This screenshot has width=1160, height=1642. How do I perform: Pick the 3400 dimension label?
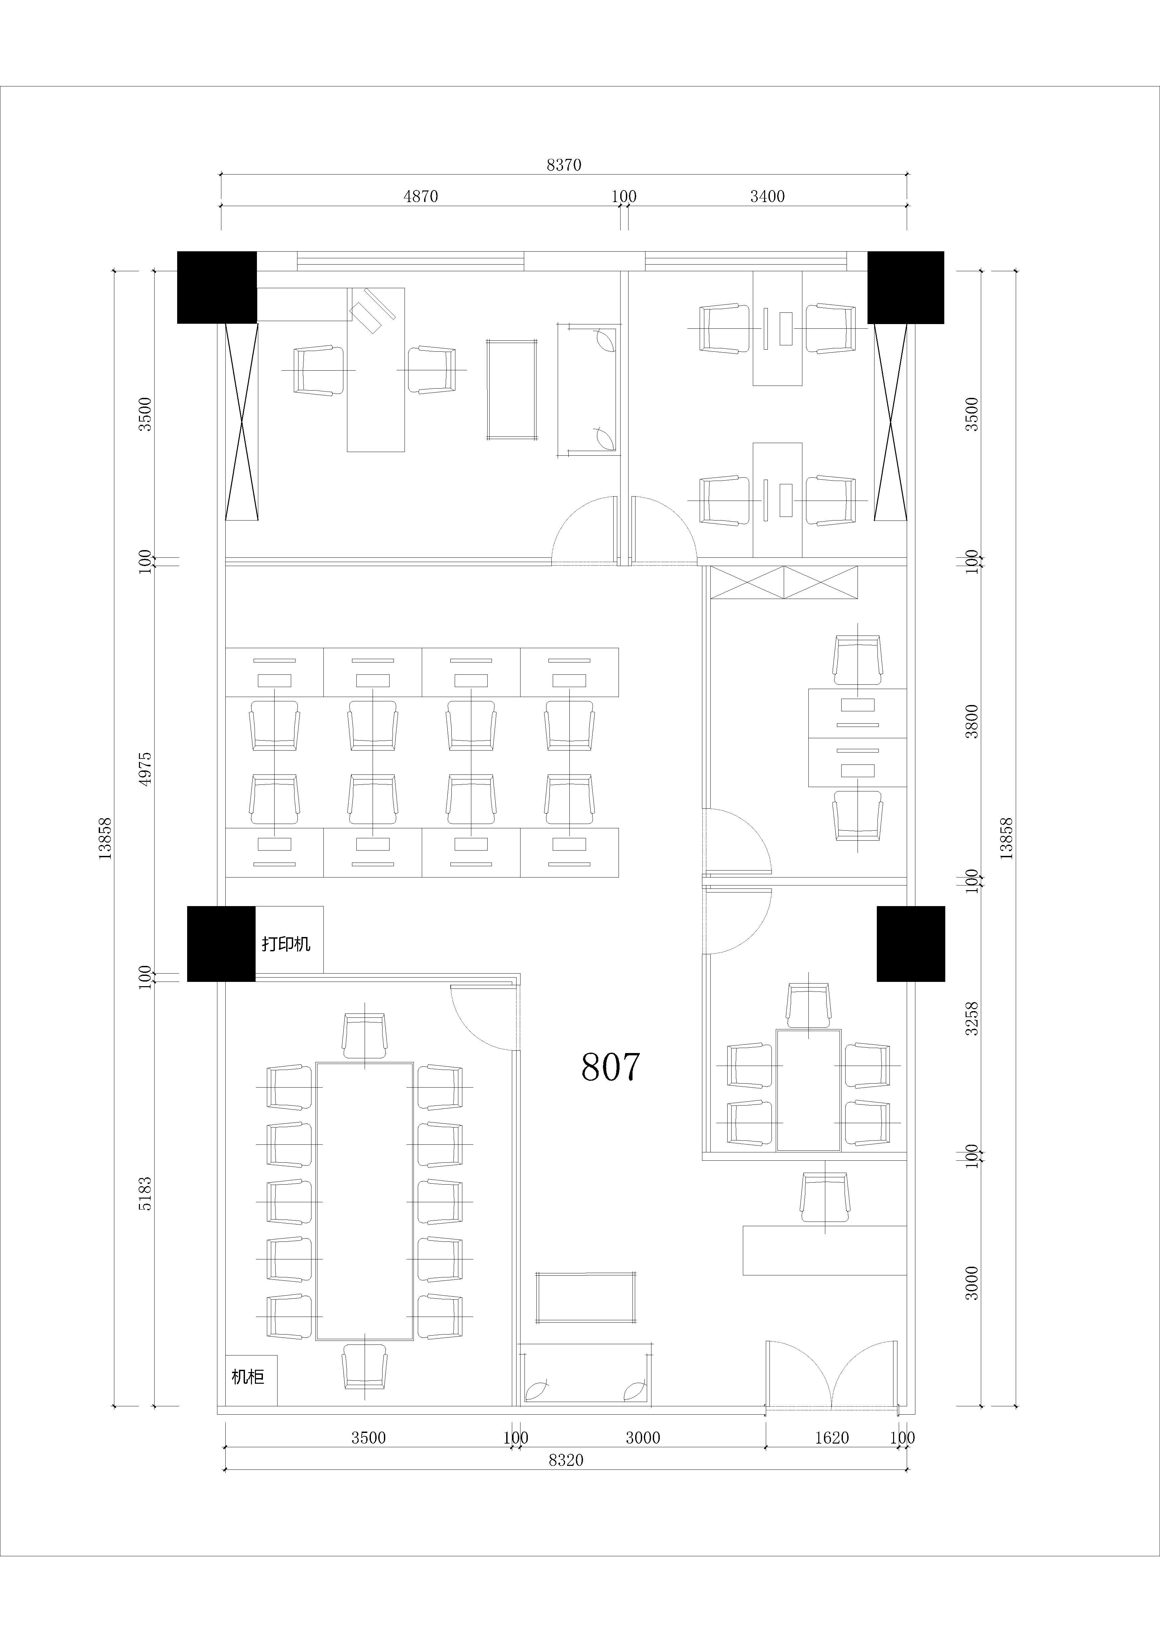pos(767,196)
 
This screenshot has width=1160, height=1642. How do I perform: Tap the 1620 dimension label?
pos(832,1438)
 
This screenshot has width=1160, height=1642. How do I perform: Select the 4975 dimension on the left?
pos(145,769)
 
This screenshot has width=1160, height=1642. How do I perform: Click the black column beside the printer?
pos(221,943)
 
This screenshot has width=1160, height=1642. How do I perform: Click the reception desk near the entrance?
pos(825,1251)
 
